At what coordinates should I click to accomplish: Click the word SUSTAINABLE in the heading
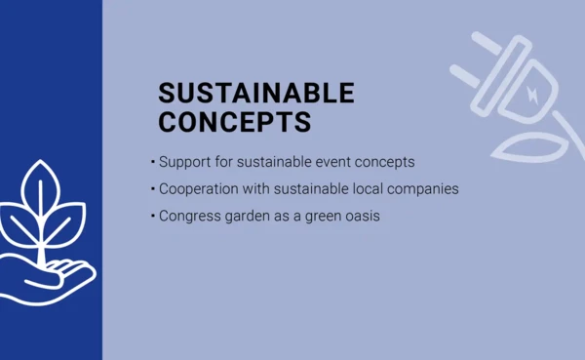pos(256,94)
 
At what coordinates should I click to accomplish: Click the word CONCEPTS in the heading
pos(234,122)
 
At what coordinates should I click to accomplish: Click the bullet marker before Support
pos(152,161)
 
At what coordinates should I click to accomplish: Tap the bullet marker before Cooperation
pos(152,188)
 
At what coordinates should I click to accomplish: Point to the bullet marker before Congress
pos(152,216)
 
